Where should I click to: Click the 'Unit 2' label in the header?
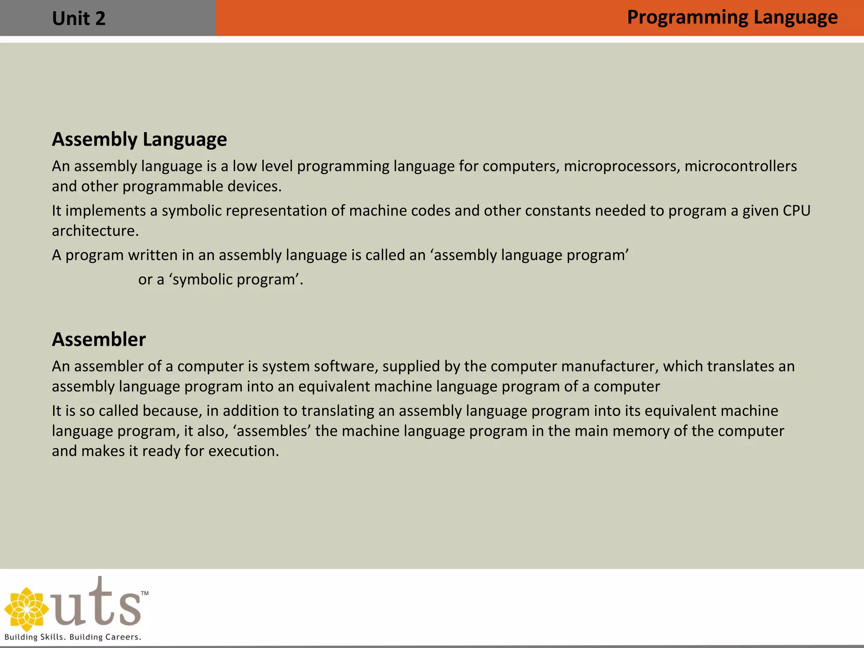(x=78, y=19)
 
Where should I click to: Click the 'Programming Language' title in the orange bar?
(x=732, y=18)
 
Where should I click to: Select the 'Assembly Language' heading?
(x=139, y=139)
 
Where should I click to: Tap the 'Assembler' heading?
(x=99, y=339)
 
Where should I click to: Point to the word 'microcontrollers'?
(x=740, y=166)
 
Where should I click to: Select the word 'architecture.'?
(x=95, y=231)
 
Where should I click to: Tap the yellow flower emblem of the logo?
(x=26, y=609)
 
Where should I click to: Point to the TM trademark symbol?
(x=145, y=593)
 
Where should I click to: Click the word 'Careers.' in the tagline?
(x=123, y=637)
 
